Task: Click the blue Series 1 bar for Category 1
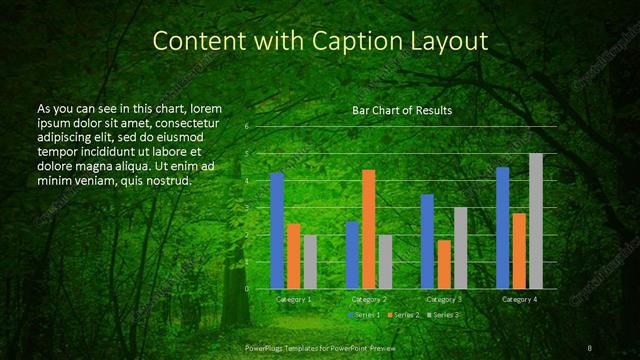[x=277, y=230]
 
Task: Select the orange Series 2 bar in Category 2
[x=369, y=229]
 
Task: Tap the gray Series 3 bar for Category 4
[x=536, y=221]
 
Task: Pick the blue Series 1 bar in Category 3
[x=427, y=241]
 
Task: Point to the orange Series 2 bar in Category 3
[x=444, y=264]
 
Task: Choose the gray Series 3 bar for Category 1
[x=310, y=262]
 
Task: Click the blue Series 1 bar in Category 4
[x=503, y=228]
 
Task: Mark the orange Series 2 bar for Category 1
[x=294, y=256]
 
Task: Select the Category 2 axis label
[x=369, y=299]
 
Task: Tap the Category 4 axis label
[x=519, y=299]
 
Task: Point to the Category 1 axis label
[x=294, y=299]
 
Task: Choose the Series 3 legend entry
[x=444, y=315]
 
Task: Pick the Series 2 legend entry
[x=404, y=315]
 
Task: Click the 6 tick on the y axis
[x=247, y=127]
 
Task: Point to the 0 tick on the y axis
[x=247, y=288]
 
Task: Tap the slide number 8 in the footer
[x=591, y=347]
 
